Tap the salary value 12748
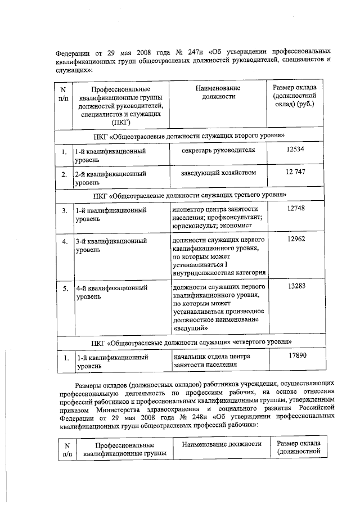(x=295, y=208)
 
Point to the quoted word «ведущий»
(x=191, y=328)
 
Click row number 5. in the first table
(x=65, y=288)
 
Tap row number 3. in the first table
(x=65, y=210)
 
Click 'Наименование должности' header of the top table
(x=218, y=93)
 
